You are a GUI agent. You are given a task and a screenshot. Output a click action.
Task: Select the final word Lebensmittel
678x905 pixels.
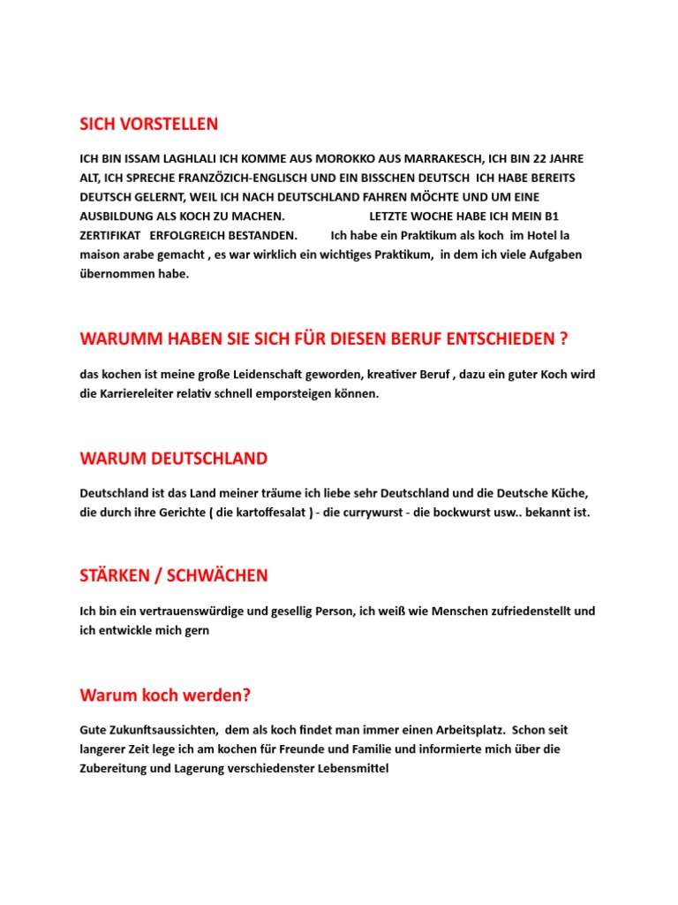[x=348, y=769]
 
